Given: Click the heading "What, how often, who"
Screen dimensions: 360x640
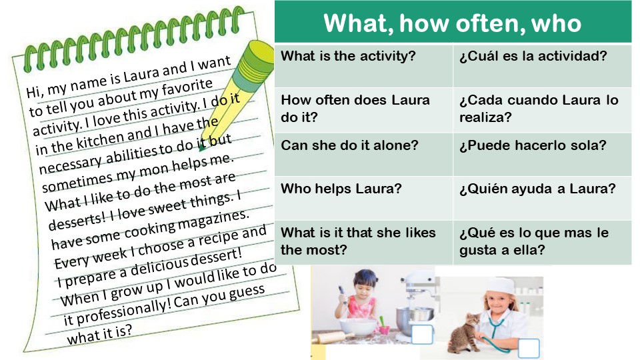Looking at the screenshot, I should click(x=453, y=23).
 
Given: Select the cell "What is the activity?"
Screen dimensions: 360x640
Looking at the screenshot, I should click(x=348, y=56).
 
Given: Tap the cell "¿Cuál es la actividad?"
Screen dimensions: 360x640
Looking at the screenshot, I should click(x=533, y=56).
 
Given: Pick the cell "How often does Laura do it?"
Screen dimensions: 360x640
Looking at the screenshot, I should click(x=355, y=109).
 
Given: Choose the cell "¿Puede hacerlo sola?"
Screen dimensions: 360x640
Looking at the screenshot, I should click(x=532, y=145).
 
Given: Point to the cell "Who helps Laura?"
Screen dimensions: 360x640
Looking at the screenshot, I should click(x=341, y=189).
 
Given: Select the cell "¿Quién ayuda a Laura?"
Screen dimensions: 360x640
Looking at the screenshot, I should click(x=537, y=189).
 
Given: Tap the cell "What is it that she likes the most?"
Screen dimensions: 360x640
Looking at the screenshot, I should click(x=358, y=241).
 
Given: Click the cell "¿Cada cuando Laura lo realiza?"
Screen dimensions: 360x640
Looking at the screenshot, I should click(x=539, y=109).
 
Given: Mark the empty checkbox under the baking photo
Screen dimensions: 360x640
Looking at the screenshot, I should click(x=422, y=335).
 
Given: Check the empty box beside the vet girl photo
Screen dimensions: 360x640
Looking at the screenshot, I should click(x=528, y=349).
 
